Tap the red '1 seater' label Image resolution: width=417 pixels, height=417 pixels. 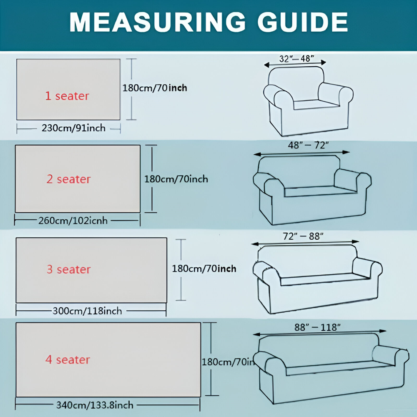(x=67, y=96)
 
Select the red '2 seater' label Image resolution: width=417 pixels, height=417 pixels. (x=68, y=179)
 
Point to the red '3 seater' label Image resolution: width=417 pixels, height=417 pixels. (x=68, y=269)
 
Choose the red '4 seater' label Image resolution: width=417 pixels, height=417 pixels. (x=68, y=359)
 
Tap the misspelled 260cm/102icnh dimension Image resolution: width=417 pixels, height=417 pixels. (x=73, y=220)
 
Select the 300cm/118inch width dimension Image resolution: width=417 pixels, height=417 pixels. (x=87, y=311)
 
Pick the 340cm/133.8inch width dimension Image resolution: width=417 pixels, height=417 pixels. (x=95, y=405)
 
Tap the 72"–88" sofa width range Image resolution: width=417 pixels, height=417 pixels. (x=303, y=236)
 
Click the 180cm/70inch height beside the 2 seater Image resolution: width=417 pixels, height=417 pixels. (x=176, y=179)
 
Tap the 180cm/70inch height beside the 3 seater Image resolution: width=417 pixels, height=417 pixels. (x=204, y=269)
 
